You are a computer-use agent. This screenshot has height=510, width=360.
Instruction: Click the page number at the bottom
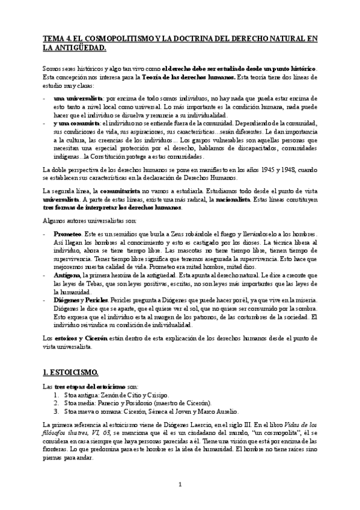[x=180, y=484]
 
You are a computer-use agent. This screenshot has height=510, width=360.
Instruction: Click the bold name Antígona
[x=68, y=274]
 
